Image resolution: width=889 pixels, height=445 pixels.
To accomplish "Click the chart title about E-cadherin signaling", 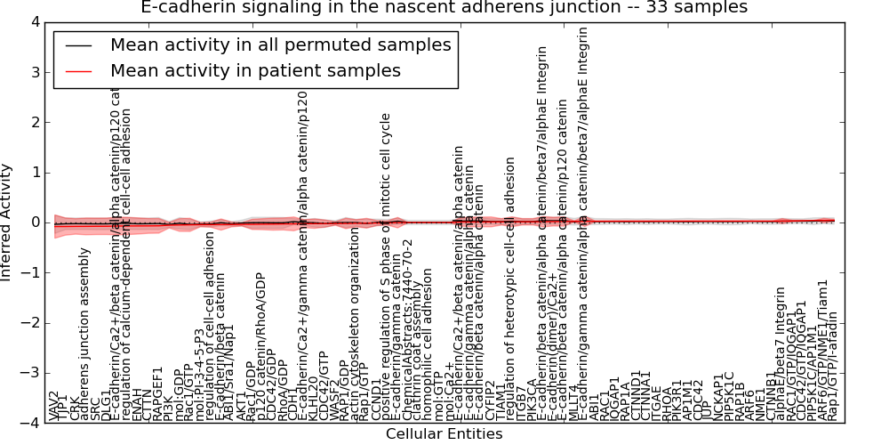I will [444, 8].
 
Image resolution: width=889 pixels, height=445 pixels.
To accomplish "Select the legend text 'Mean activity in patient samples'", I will [255, 70].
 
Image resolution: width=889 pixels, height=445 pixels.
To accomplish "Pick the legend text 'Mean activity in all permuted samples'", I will [280, 44].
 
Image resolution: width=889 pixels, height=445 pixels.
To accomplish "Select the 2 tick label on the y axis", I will [34, 122].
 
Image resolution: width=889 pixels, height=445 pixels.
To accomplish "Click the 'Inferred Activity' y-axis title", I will [8, 222].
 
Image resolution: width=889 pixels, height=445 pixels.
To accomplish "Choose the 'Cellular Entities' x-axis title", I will [444, 434].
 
